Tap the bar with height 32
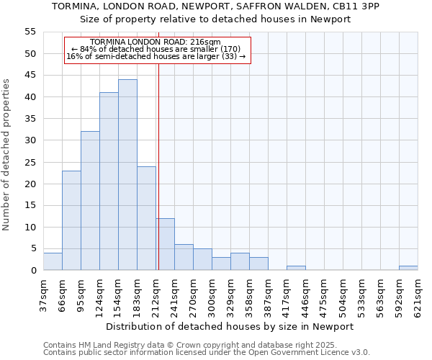[x=90, y=201]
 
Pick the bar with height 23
[x=71, y=220]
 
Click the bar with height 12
[x=165, y=244]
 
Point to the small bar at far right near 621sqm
[x=408, y=268]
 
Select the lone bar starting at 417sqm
[x=296, y=268]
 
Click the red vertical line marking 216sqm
[x=158, y=180]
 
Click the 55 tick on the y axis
[x=30, y=32]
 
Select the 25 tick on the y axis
[x=30, y=162]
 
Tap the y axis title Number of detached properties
[x=7, y=155]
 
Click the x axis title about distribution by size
[x=235, y=327]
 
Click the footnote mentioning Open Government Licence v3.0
[x=207, y=353]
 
